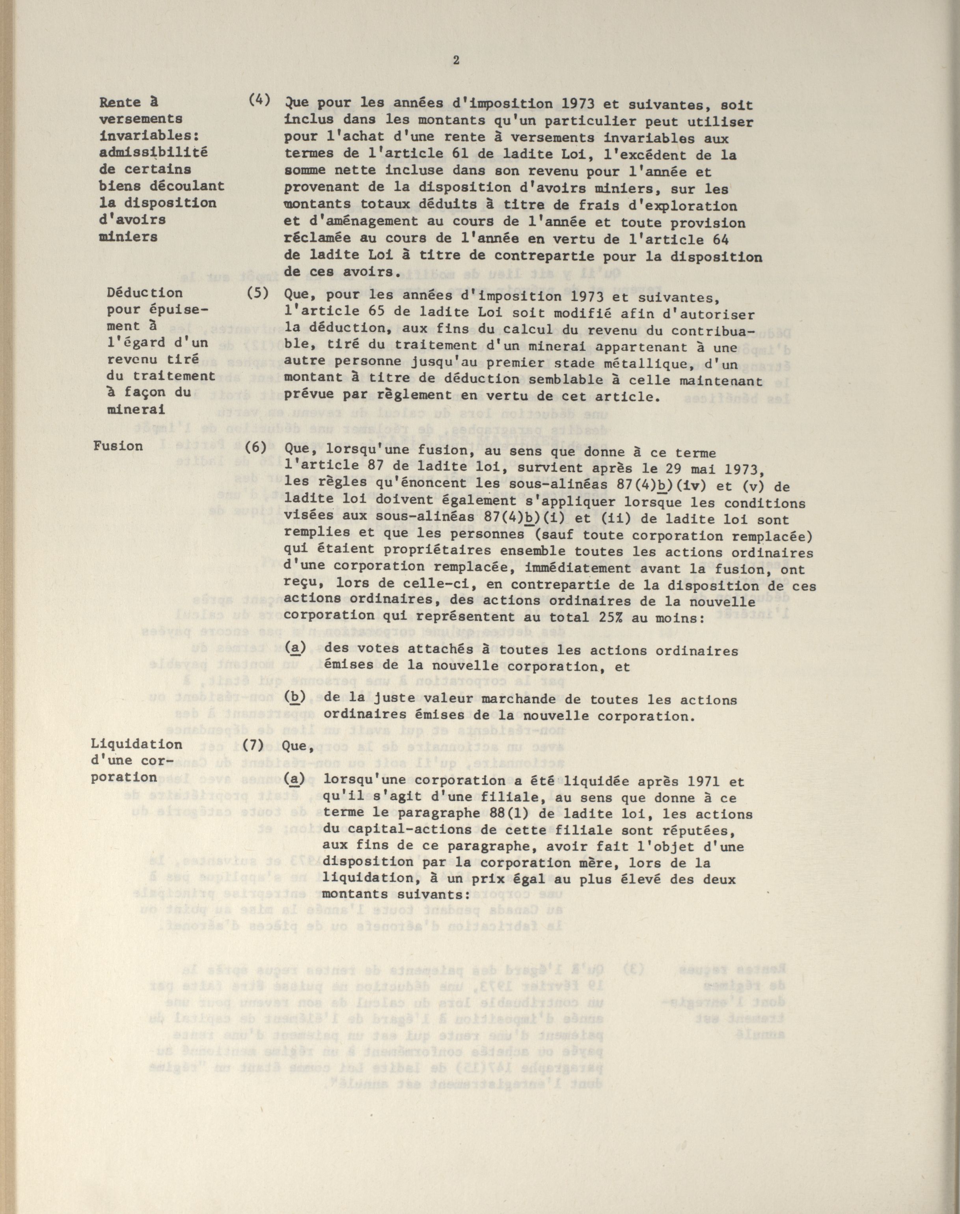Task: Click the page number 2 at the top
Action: point(456,61)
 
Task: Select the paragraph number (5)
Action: point(258,293)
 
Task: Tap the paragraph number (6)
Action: point(258,449)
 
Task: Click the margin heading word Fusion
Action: point(118,446)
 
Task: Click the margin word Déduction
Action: point(145,293)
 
